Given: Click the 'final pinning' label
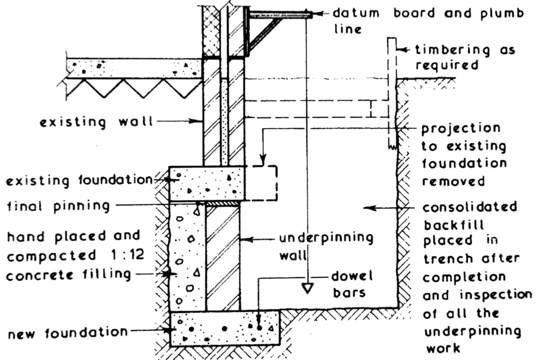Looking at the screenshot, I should click(58, 206).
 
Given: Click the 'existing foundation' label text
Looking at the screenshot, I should click(79, 181).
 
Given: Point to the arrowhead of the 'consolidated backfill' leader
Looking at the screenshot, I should click(367, 208).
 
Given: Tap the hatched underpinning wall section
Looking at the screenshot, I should click(222, 257).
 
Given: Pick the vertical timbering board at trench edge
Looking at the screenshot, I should click(391, 94).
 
